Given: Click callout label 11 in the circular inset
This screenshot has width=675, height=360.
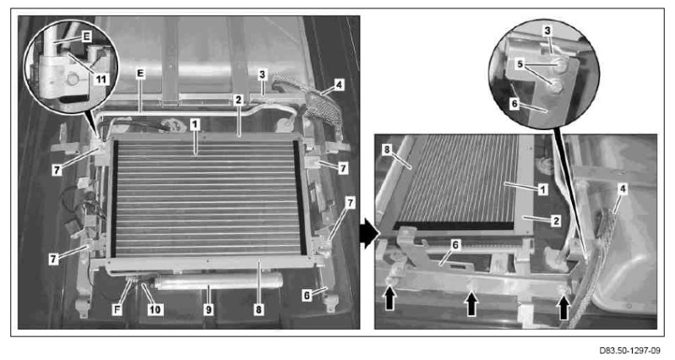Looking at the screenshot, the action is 101,79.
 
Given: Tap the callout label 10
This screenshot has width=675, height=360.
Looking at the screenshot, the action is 155,309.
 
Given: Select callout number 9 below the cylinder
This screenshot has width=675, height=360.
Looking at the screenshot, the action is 209,309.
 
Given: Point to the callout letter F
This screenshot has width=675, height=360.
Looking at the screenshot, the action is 117,309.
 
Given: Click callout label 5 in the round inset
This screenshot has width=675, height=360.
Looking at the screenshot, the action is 520,64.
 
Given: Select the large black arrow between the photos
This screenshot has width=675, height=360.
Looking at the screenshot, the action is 369,233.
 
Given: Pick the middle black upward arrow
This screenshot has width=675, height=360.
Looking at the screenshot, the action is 472,303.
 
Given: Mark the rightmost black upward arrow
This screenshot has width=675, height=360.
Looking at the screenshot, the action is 563,308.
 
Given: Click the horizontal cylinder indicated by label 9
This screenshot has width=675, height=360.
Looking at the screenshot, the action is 218,282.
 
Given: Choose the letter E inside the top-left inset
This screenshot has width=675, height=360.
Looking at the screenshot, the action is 86,37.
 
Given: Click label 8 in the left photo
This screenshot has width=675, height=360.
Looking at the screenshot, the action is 259,309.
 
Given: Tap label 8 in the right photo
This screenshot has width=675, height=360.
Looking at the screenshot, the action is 387,150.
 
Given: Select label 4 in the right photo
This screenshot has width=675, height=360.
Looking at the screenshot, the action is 622,188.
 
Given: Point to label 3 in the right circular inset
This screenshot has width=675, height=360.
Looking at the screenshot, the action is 547,30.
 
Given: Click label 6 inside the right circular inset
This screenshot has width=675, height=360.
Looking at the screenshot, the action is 514,104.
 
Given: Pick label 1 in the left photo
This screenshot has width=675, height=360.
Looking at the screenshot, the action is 195,125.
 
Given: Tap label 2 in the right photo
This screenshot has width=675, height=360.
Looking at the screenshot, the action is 556,221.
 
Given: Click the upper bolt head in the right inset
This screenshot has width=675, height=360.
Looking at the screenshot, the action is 560,65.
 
